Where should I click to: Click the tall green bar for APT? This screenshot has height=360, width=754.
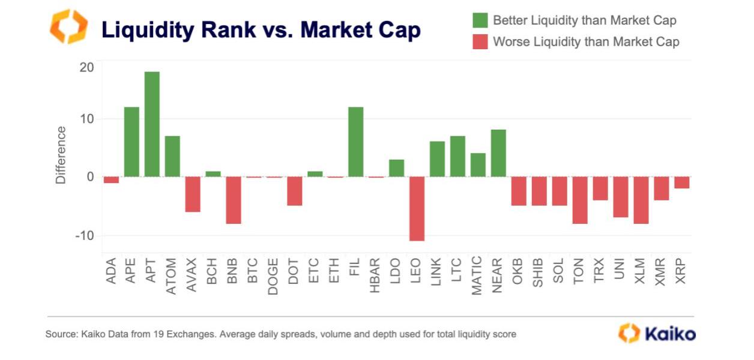[x=152, y=124]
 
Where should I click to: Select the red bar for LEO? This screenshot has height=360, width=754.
[x=417, y=209]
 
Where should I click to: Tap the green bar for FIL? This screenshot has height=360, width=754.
[x=355, y=142]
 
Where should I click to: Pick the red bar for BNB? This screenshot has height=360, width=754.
[x=234, y=200]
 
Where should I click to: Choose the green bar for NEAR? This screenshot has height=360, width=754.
[x=498, y=153]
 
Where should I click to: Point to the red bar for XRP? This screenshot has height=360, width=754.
[x=681, y=182]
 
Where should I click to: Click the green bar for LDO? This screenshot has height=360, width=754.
[x=396, y=168]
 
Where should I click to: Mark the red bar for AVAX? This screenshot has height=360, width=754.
[x=193, y=194]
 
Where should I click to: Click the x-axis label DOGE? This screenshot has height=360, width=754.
[x=274, y=276]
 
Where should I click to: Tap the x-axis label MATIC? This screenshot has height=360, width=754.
[x=477, y=277]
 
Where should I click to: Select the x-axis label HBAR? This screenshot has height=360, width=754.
[x=376, y=276]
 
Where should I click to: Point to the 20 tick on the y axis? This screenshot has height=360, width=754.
[x=86, y=67]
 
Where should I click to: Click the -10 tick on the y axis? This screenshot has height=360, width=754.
[x=85, y=235]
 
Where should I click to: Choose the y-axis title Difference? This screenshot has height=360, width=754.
[x=61, y=155]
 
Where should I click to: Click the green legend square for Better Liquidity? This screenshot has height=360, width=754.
[x=480, y=20]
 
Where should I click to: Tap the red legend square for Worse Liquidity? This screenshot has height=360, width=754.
[x=480, y=41]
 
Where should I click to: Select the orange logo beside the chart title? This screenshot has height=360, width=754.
[x=68, y=26]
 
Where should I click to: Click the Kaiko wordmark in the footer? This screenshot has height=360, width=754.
[x=670, y=334]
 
